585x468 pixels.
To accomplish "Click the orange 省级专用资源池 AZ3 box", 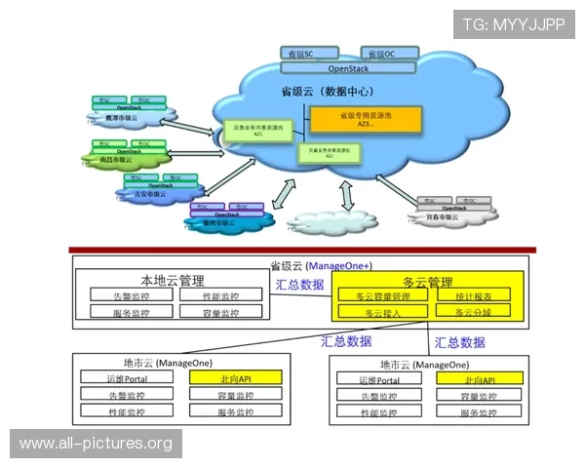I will [x=365, y=120].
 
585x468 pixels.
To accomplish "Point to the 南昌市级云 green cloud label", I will [x=115, y=159].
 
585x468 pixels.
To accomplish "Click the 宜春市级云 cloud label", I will [x=445, y=216].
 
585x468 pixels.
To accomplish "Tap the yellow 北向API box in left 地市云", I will [x=235, y=377].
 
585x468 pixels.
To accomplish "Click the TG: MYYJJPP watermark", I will [x=514, y=24].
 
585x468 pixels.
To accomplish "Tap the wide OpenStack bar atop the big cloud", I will [x=348, y=68].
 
